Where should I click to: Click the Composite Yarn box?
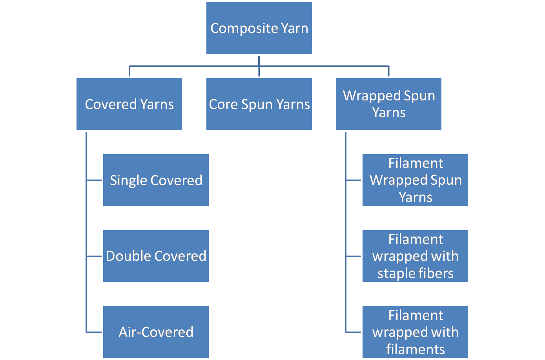tap(259, 28)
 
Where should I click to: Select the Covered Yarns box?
tap(129, 104)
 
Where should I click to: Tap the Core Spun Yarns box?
tap(259, 104)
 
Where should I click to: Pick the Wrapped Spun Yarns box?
tap(388, 104)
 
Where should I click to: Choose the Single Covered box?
tap(156, 180)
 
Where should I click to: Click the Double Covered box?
tap(156, 256)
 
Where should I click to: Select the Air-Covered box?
tap(156, 332)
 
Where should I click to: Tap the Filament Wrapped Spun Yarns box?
tap(415, 180)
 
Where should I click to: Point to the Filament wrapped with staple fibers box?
tap(415, 256)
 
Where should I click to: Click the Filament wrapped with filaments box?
tap(415, 332)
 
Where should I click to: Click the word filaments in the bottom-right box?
tap(415, 349)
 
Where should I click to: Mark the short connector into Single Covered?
tap(94, 180)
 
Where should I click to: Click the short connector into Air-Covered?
tap(94, 332)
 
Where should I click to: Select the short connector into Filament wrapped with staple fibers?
tap(354, 256)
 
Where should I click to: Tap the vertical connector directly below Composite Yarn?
tap(259, 61)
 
